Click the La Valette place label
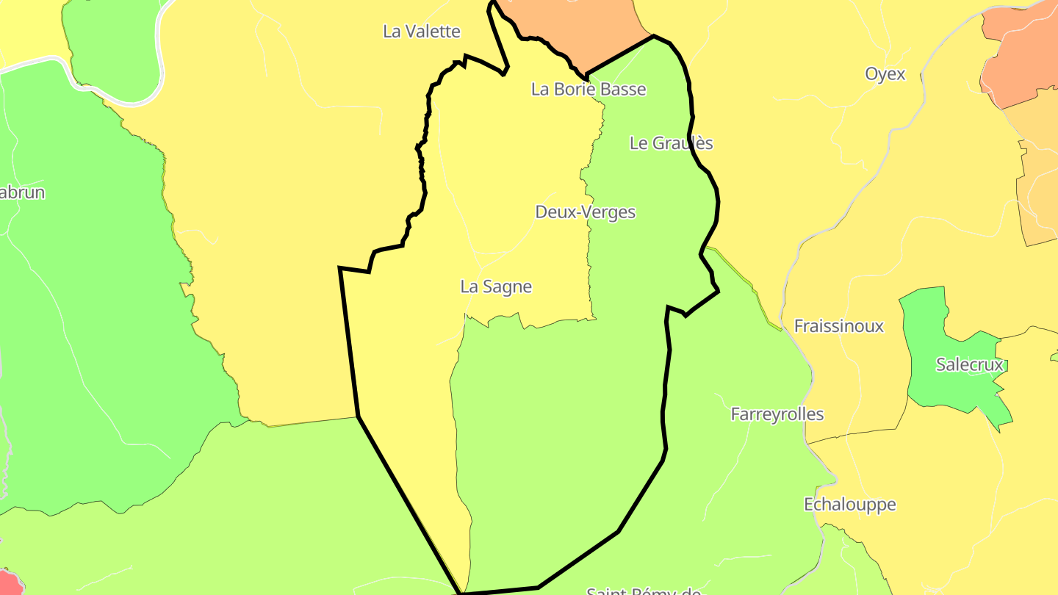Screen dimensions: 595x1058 (x=422, y=32)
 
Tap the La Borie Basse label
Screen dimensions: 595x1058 (x=589, y=90)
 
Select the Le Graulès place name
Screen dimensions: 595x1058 (x=671, y=143)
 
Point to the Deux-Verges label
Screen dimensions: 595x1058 (x=585, y=212)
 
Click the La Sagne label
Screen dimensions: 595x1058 (x=496, y=287)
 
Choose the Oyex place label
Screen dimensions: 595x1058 (x=885, y=74)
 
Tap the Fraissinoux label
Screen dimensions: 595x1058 (x=838, y=326)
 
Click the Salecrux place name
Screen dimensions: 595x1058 (x=969, y=365)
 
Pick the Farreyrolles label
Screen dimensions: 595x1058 (x=777, y=414)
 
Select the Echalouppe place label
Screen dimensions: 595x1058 (x=849, y=505)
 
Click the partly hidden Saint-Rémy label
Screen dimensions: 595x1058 (x=643, y=590)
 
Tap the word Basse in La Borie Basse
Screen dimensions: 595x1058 (x=622, y=90)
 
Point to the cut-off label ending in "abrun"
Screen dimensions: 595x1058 (x=22, y=193)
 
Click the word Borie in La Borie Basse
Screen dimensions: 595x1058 (x=575, y=90)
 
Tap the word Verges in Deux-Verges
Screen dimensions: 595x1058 (x=609, y=212)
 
